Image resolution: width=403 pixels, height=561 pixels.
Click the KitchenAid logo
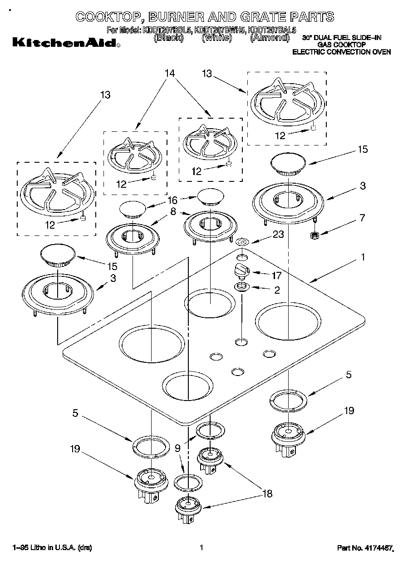66,43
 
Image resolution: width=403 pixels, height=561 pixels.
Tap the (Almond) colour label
270,38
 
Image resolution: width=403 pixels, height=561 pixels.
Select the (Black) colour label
169,38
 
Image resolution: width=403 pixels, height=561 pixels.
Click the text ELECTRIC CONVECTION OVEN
341,52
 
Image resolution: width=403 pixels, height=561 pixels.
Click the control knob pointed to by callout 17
241,270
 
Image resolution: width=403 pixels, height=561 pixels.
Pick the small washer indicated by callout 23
243,242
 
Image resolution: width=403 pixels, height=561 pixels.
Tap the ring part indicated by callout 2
241,287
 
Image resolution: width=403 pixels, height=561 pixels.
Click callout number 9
177,448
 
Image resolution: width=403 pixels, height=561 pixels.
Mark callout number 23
279,235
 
